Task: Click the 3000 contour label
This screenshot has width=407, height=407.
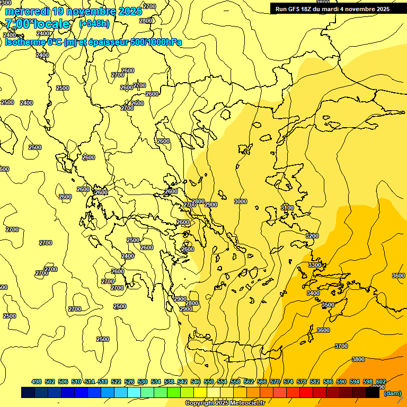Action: pyautogui.click(x=240, y=201)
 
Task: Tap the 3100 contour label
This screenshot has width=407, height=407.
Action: pyautogui.click(x=287, y=208)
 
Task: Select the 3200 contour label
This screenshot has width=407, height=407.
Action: pyautogui.click(x=312, y=235)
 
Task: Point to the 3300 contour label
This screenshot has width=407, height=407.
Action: pyautogui.click(x=314, y=265)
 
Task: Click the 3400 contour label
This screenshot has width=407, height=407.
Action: pyautogui.click(x=313, y=293)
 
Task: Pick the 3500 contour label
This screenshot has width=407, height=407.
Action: pyautogui.click(x=328, y=305)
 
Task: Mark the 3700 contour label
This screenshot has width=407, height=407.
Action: pyautogui.click(x=341, y=346)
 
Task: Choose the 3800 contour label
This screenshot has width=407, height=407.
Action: pyautogui.click(x=358, y=359)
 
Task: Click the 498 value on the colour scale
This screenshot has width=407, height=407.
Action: pyautogui.click(x=37, y=382)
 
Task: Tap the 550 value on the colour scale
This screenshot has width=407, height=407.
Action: pyautogui.click(x=208, y=382)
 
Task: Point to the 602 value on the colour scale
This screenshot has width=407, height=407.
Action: pyautogui.click(x=381, y=382)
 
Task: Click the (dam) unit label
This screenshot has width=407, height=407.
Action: pyautogui.click(x=392, y=393)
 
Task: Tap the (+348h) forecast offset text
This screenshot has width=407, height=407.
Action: pyautogui.click(x=94, y=24)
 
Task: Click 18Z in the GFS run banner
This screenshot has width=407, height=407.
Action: pyautogui.click(x=308, y=9)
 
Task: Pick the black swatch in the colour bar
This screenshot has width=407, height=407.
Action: pyautogui.click(x=373, y=393)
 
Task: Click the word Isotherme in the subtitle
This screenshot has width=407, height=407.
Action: pyautogui.click(x=24, y=42)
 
